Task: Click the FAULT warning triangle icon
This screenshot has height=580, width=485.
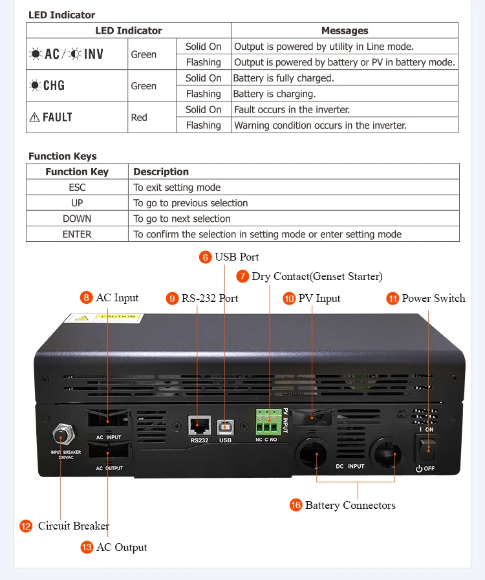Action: point(34,118)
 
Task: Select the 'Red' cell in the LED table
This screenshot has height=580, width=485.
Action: point(139,118)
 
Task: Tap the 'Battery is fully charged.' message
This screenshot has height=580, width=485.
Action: point(283,78)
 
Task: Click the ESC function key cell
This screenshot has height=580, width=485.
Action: point(77,188)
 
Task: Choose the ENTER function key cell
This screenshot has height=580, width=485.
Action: point(77,234)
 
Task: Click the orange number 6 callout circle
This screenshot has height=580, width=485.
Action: point(206,257)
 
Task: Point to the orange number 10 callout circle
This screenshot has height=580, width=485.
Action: point(289,298)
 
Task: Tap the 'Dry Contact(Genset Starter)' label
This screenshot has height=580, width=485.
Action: point(317,277)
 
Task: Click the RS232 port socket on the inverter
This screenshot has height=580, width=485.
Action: point(199,425)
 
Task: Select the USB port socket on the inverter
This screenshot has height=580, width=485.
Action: point(225,425)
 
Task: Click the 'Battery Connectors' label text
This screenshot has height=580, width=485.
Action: point(350,505)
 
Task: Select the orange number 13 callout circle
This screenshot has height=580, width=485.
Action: point(87,547)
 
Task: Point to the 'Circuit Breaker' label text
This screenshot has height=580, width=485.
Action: point(74,526)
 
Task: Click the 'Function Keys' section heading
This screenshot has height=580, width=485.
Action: point(63,156)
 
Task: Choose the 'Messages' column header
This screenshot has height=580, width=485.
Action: point(345,30)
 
